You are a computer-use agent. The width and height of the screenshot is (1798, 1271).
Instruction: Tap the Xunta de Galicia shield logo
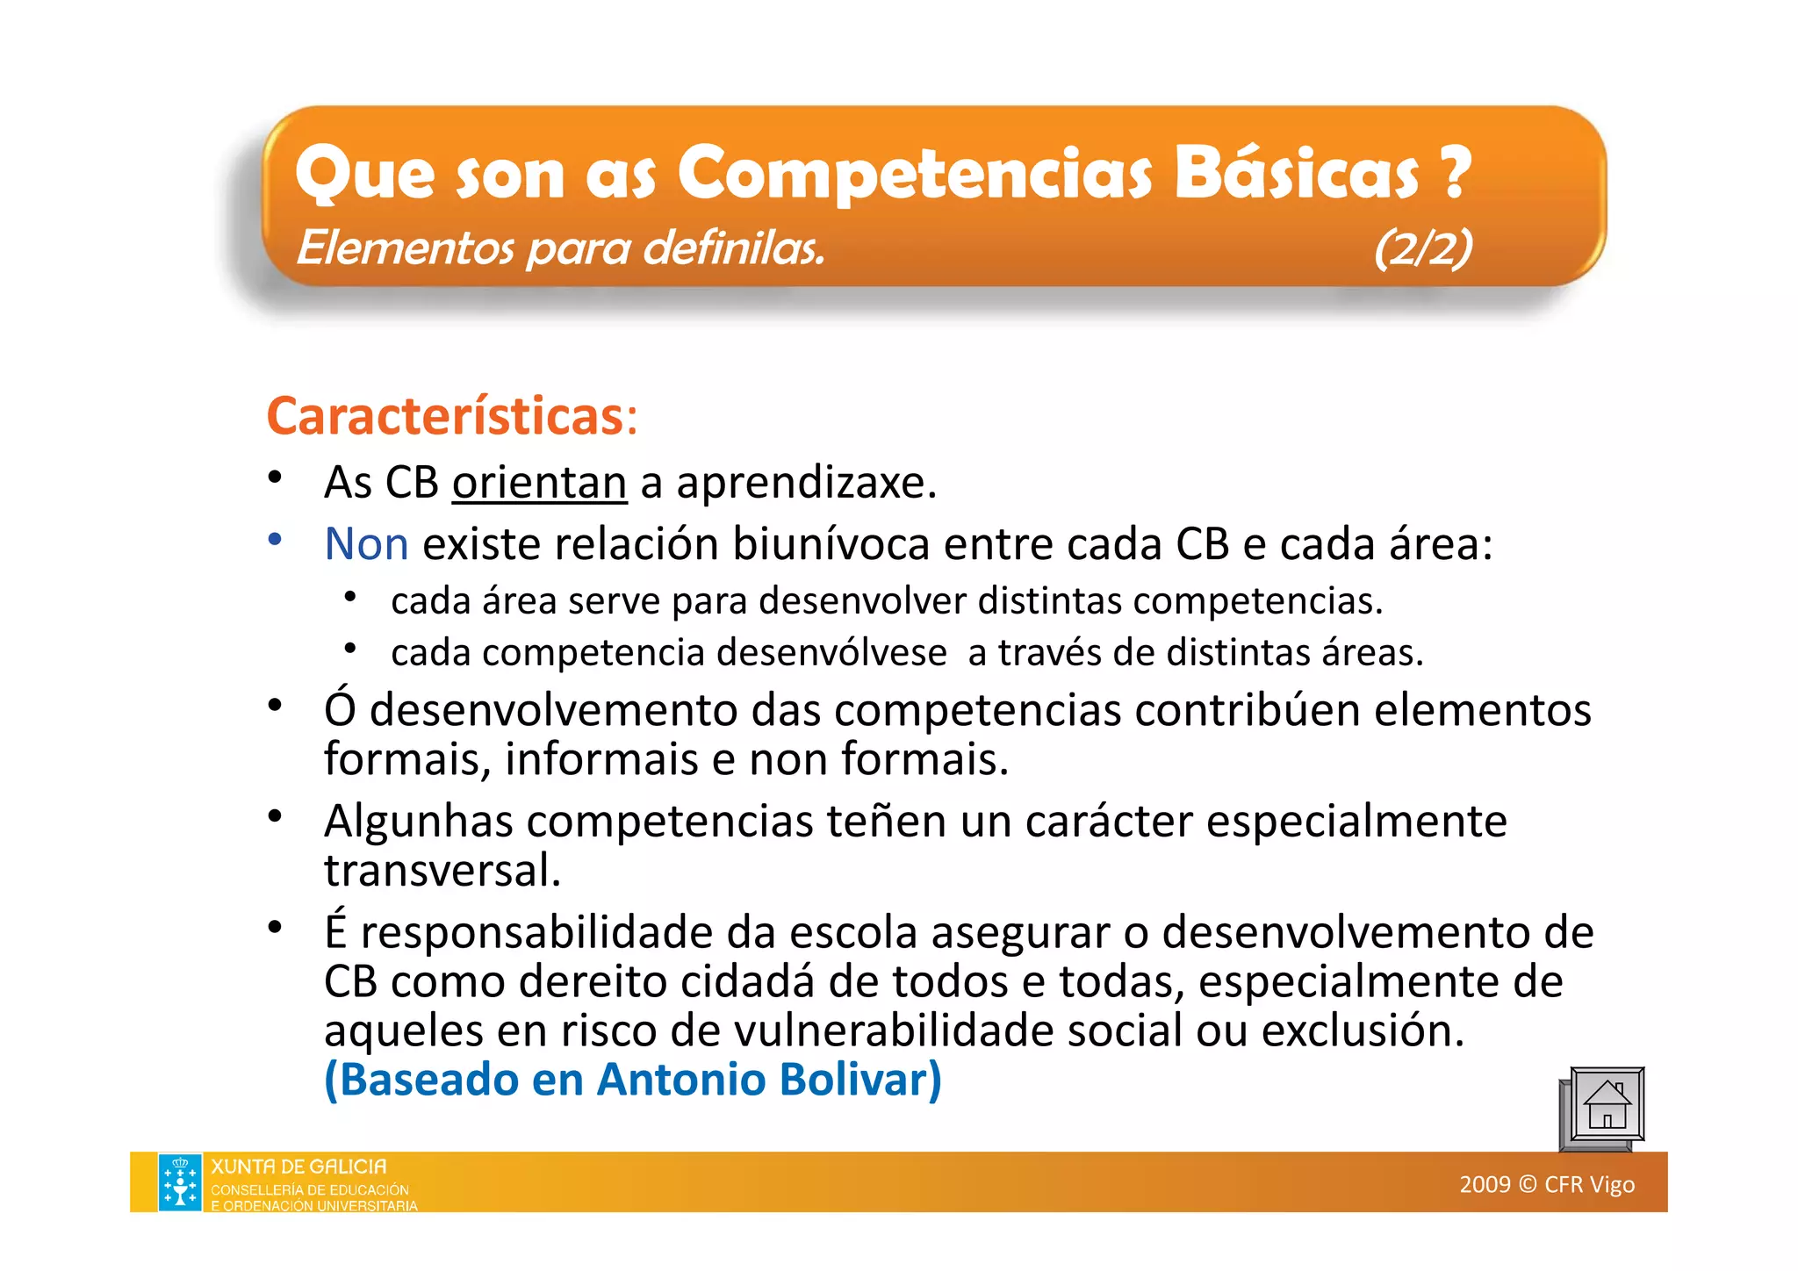[x=180, y=1182]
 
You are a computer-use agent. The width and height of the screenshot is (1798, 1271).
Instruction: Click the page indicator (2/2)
[x=1423, y=248]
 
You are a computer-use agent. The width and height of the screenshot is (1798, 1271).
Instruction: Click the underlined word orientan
[x=539, y=483]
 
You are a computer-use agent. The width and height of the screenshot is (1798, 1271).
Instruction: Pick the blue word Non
[x=366, y=544]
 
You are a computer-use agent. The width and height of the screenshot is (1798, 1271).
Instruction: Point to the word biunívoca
[x=831, y=544]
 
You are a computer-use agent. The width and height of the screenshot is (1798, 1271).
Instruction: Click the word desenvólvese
[x=832, y=653]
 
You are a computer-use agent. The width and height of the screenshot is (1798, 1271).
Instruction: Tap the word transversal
[x=442, y=871]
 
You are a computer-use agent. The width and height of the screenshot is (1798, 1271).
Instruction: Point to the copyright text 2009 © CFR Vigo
[x=1547, y=1185]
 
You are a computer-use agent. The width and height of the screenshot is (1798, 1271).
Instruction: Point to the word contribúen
[x=1247, y=710]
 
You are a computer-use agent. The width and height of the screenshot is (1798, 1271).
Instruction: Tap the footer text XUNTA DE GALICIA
[x=298, y=1167]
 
